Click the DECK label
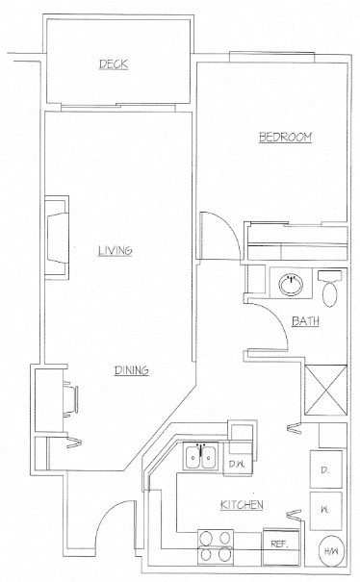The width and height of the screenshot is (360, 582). click(x=113, y=64)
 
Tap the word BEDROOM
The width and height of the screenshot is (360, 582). click(x=285, y=139)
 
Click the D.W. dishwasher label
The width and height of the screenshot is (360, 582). click(x=237, y=466)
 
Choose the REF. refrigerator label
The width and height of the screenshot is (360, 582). click(x=280, y=544)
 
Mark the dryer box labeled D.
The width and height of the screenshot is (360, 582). click(x=323, y=470)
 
